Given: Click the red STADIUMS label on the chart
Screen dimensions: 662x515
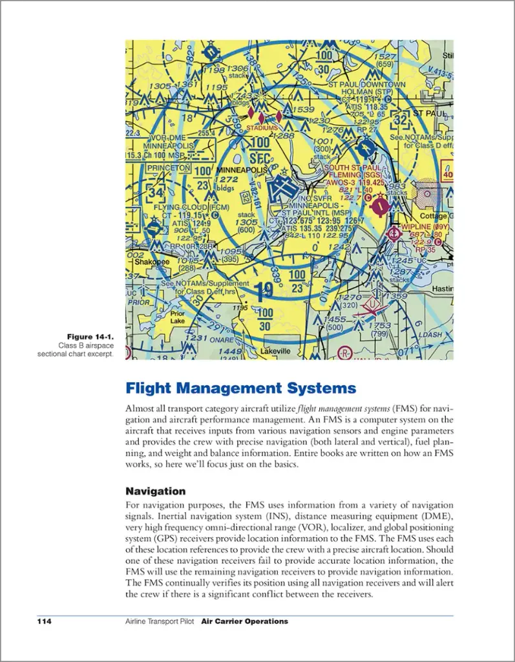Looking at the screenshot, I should tap(261, 128).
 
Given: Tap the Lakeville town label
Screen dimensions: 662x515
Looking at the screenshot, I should tap(275, 351).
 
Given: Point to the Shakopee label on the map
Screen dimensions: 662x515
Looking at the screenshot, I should tap(151, 262).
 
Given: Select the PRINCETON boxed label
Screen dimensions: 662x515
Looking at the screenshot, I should tap(168, 168).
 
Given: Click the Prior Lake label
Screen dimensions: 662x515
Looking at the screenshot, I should tap(177, 317).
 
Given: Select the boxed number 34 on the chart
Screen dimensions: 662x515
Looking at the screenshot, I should tap(155, 193).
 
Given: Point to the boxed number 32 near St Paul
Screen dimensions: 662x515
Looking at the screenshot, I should tap(401, 120).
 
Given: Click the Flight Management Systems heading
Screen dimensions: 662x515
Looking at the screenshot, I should tap(240, 389).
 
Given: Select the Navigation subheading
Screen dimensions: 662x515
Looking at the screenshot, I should tap(155, 491).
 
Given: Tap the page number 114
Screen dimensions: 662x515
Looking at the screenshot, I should tap(44, 621).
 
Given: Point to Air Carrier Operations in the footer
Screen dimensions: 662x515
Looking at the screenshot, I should tap(244, 621).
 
